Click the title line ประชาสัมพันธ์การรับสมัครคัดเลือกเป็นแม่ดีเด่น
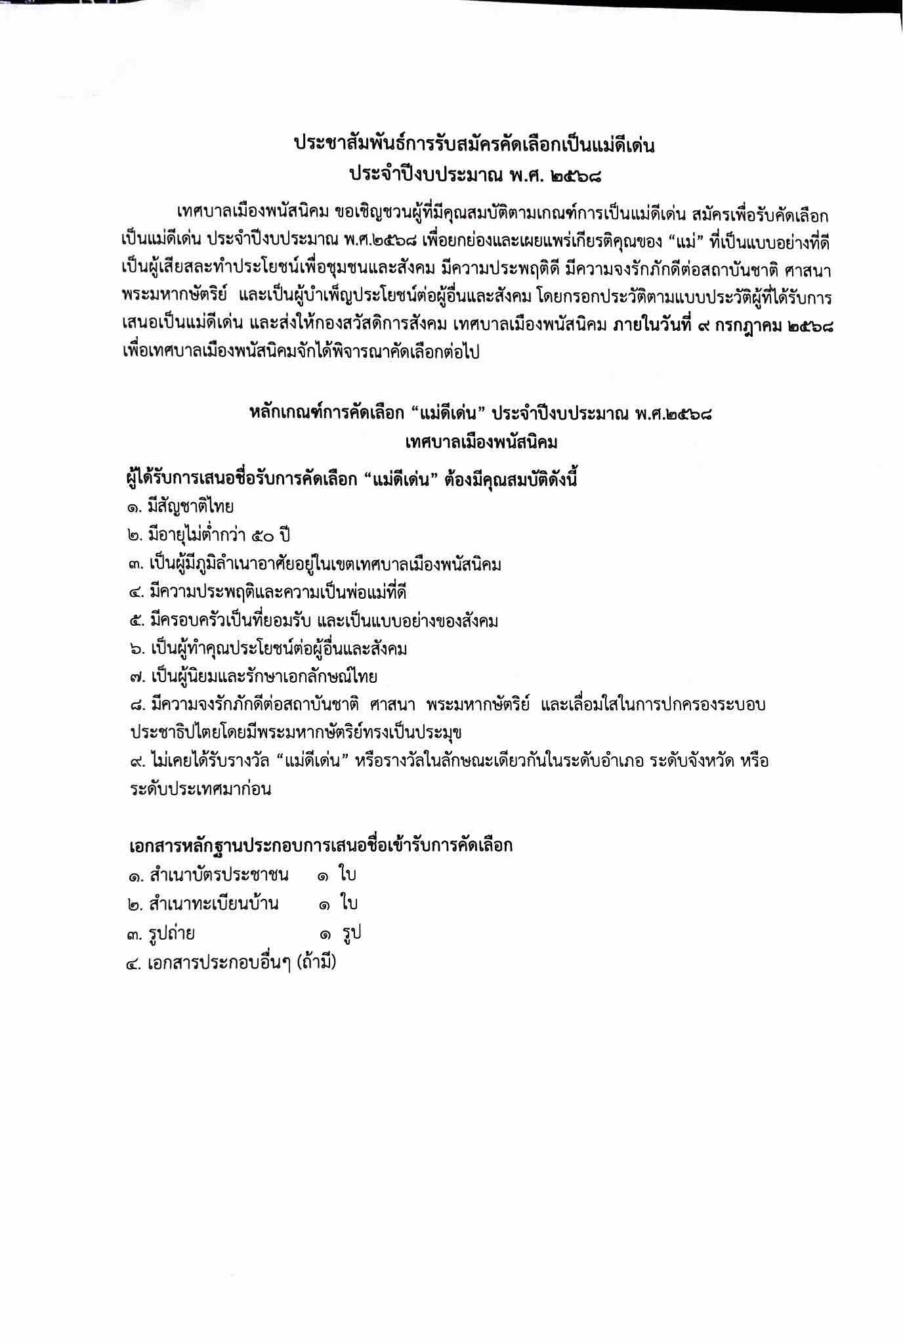click(x=474, y=146)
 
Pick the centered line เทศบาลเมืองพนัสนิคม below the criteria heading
click(x=482, y=443)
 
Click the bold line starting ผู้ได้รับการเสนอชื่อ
click(x=354, y=480)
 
